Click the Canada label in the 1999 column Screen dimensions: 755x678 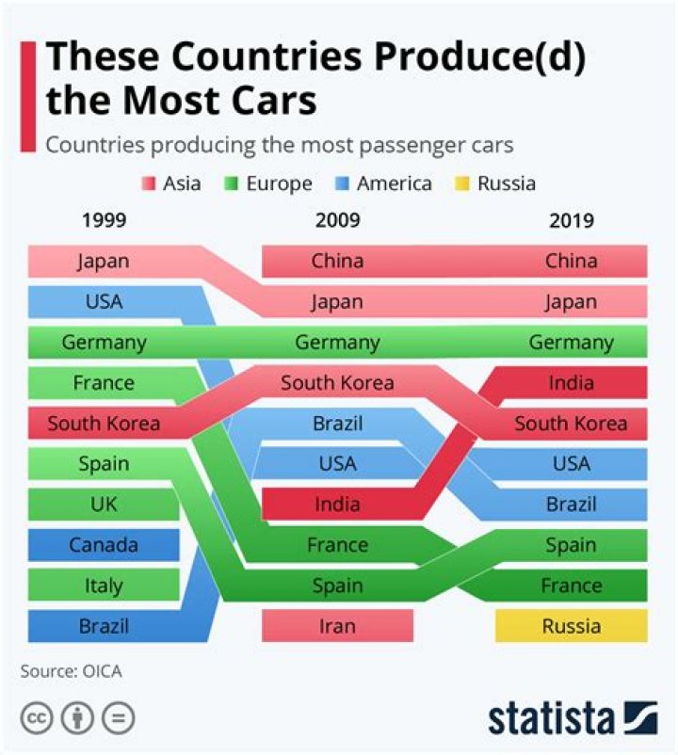coord(104,545)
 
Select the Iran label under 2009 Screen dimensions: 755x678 coord(337,626)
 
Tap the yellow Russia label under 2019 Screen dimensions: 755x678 coord(571,626)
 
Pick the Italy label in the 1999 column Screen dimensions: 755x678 coord(104,586)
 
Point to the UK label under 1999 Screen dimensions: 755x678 coord(104,505)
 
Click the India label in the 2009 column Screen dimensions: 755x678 coord(337,505)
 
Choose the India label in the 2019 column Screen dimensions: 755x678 coord(571,383)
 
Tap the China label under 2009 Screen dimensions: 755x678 coord(337,261)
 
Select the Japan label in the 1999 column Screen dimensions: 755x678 coord(104,261)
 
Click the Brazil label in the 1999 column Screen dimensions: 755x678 coord(104,626)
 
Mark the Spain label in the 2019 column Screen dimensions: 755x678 coord(571,545)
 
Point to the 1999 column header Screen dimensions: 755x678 coord(104,221)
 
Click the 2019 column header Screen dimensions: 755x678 coord(571,221)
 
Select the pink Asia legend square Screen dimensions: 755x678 coord(149,184)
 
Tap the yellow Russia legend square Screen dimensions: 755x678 coord(464,184)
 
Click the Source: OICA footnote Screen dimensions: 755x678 coord(71,671)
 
